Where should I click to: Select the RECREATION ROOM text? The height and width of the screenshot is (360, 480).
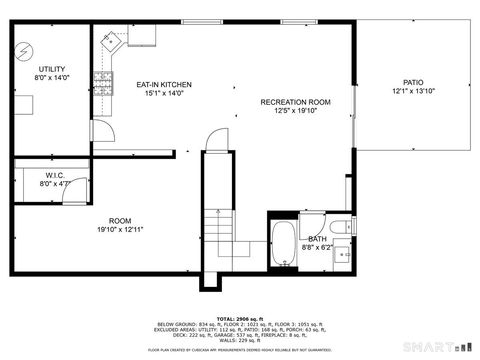(295, 102)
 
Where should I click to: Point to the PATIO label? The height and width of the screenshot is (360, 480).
(413, 83)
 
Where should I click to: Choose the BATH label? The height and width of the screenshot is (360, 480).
(316, 239)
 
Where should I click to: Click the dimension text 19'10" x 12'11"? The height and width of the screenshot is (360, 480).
(120, 229)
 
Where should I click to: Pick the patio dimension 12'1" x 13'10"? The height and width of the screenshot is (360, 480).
(413, 92)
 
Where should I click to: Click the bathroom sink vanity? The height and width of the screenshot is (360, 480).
(342, 254)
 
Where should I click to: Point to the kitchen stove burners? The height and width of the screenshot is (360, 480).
(102, 78)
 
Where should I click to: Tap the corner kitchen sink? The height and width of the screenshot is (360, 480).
(111, 43)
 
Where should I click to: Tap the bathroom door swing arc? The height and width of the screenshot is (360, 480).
(312, 223)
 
